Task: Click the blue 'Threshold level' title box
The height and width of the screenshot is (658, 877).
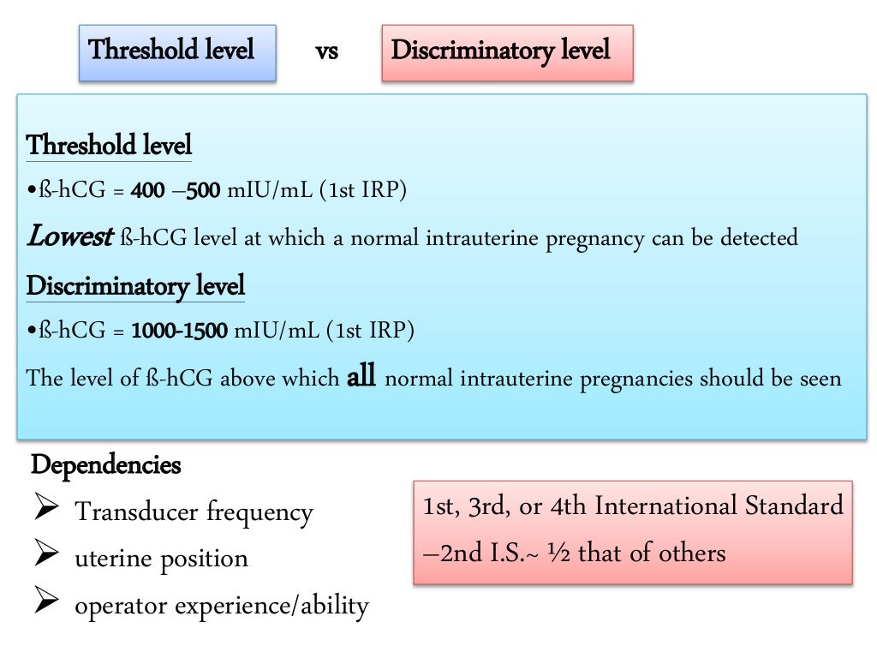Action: pyautogui.click(x=177, y=51)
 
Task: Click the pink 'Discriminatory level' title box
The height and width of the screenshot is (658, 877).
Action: pyautogui.click(x=507, y=51)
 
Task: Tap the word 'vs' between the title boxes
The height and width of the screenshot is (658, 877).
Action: pyautogui.click(x=326, y=51)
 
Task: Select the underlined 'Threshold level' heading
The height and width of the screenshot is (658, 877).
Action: pyautogui.click(x=110, y=145)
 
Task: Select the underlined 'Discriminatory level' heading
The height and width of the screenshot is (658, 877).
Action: pyautogui.click(x=135, y=285)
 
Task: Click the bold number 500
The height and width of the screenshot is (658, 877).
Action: pyautogui.click(x=204, y=190)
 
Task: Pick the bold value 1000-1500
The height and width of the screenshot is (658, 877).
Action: pyautogui.click(x=180, y=331)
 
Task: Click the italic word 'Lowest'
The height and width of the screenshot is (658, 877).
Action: pyautogui.click(x=69, y=237)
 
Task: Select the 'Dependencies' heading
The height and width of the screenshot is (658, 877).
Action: pyautogui.click(x=106, y=466)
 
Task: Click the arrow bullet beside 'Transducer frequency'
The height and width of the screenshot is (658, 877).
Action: pyautogui.click(x=45, y=512)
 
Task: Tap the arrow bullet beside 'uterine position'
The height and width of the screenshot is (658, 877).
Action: pyautogui.click(x=45, y=559)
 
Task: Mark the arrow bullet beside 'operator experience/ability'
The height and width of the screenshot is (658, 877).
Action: pyautogui.click(x=45, y=606)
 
